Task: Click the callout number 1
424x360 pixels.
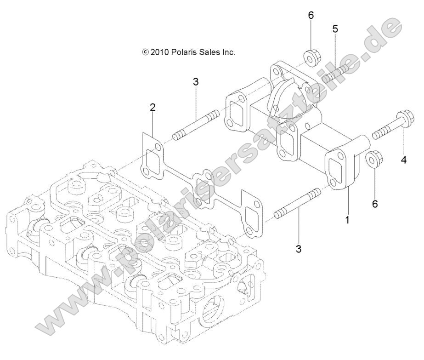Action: tap(347, 220)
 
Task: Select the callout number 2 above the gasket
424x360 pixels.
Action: tap(153, 108)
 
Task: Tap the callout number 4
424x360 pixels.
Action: tap(404, 160)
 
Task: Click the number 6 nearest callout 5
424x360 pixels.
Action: tap(311, 15)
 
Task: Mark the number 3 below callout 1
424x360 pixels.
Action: tap(299, 249)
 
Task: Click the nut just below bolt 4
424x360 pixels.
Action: tap(373, 160)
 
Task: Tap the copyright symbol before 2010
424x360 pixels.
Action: tap(146, 53)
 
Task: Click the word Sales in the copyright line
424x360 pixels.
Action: tap(211, 52)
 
